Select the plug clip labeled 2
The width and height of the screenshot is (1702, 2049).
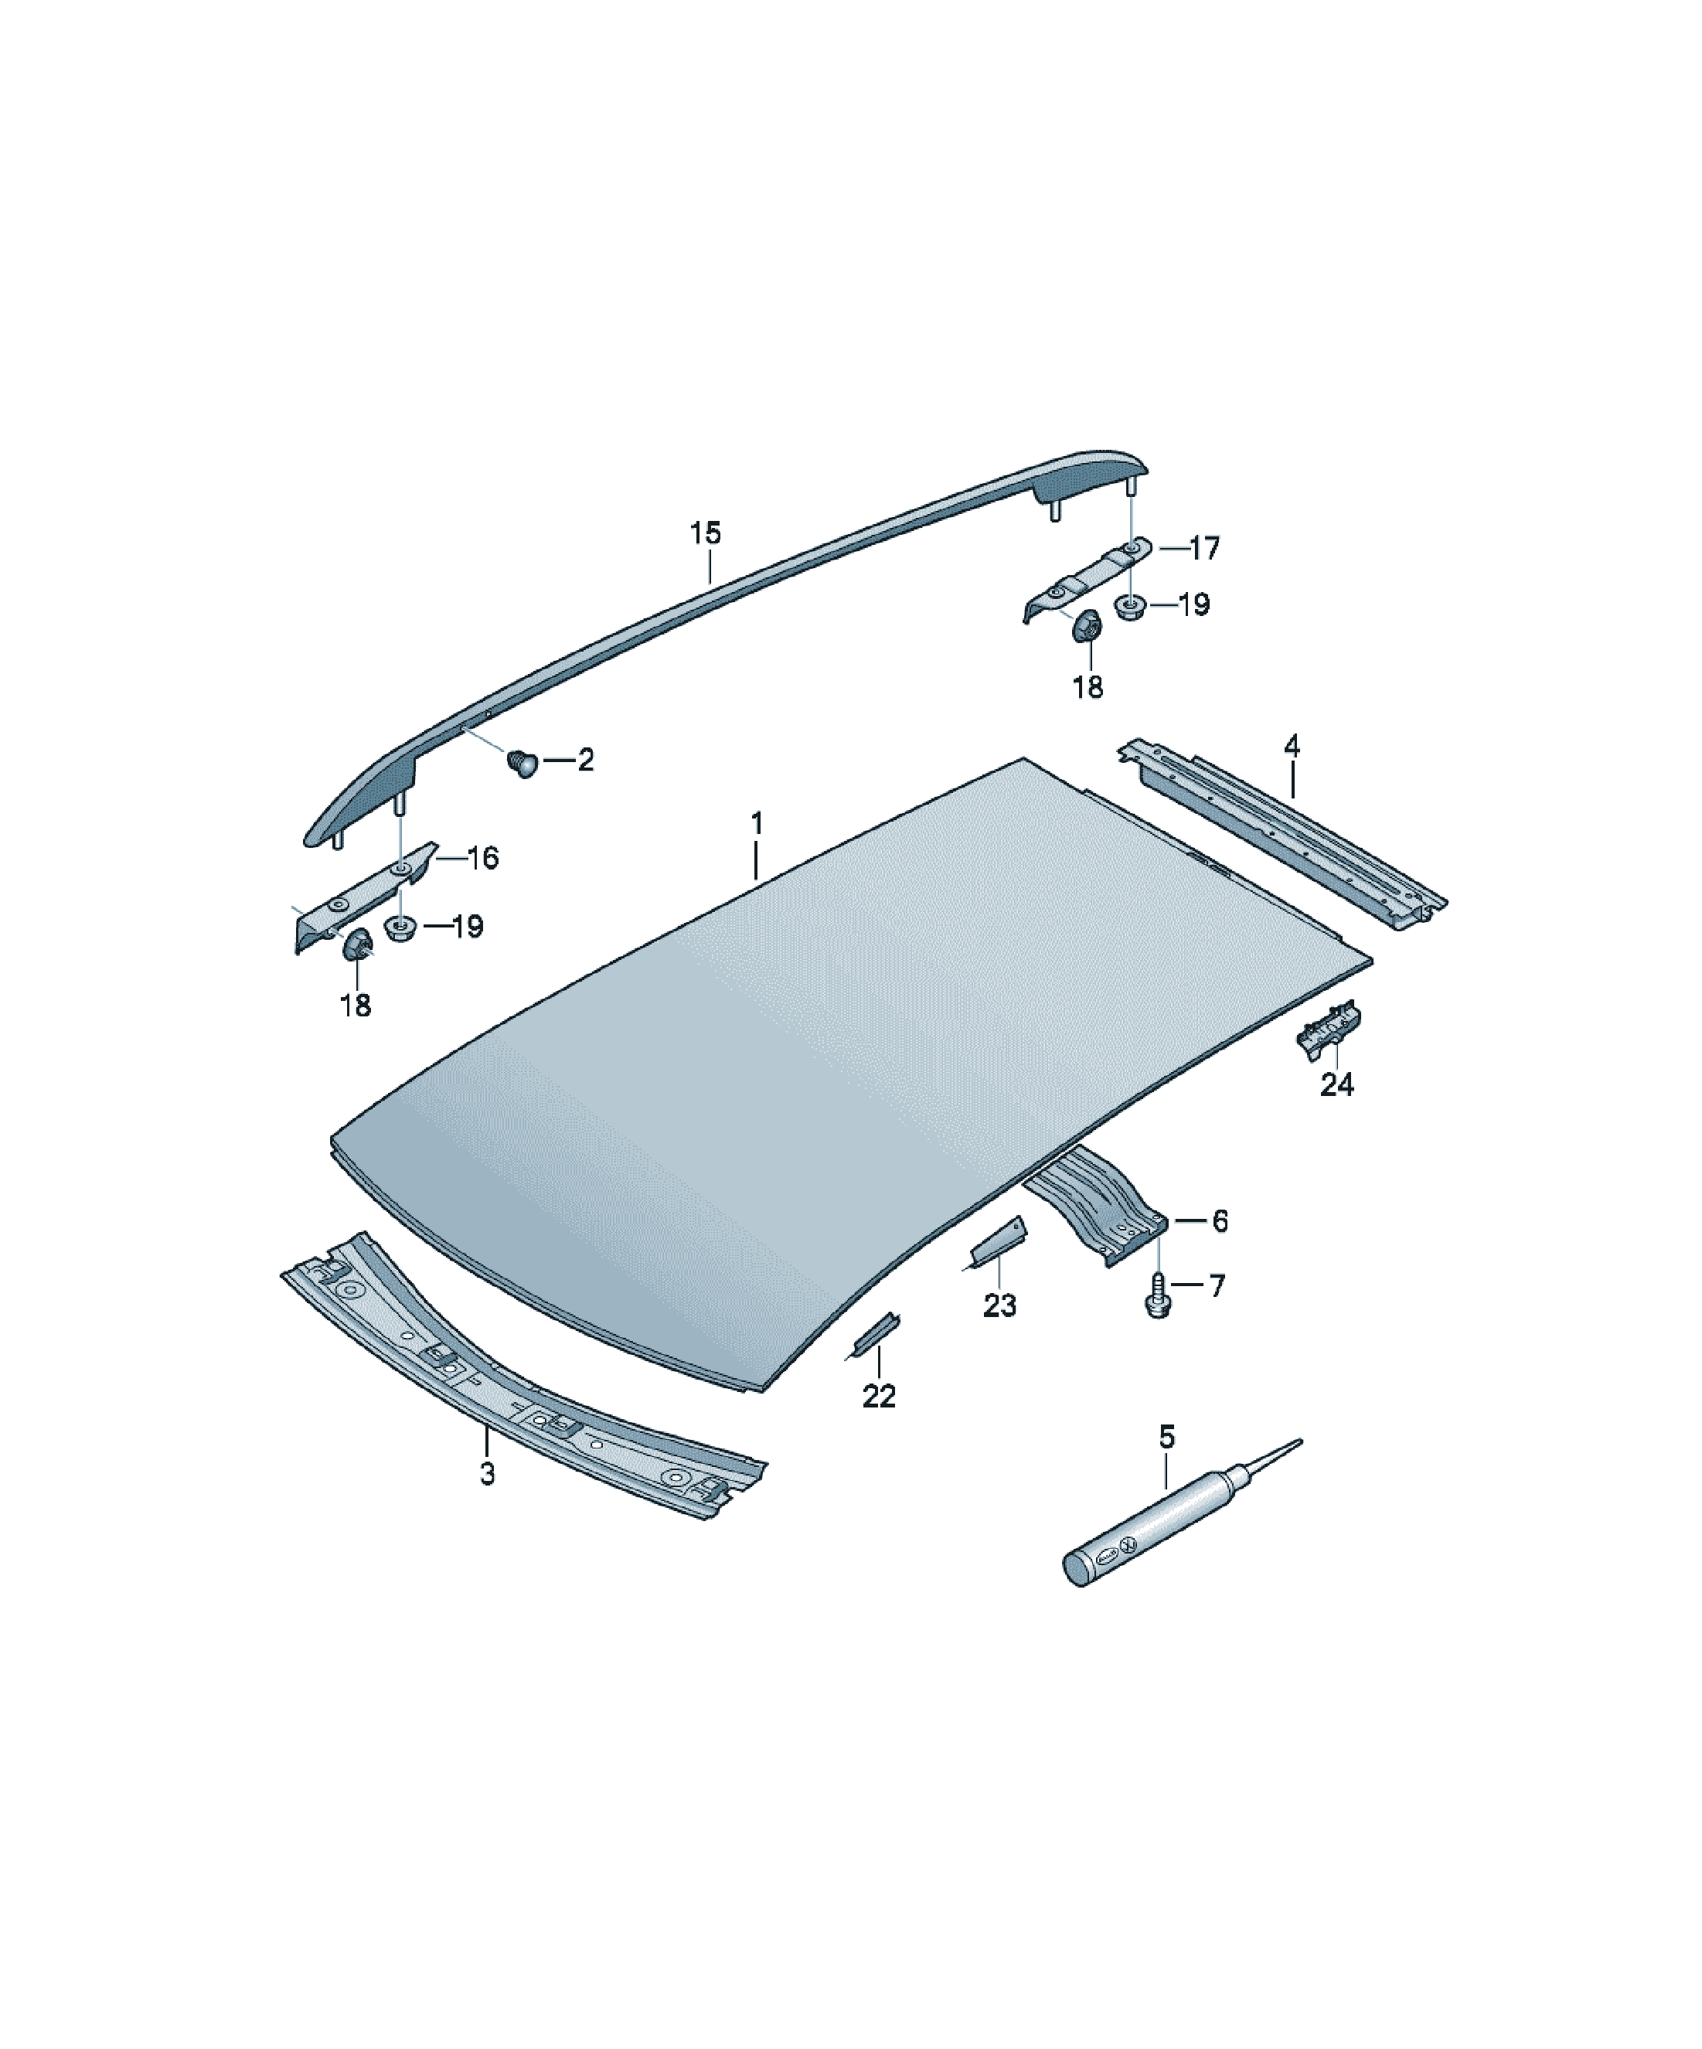coord(524,762)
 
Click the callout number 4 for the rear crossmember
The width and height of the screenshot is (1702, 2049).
coord(1292,747)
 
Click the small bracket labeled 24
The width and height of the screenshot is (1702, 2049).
coord(1329,1029)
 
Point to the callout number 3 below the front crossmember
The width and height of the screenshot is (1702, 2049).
coord(487,1473)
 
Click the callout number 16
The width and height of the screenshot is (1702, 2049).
coord(482,859)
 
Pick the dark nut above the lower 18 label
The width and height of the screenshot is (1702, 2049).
coord(357,945)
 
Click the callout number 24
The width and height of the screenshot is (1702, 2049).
coord(1337,1084)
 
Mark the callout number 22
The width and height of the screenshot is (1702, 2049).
coord(880,1396)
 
